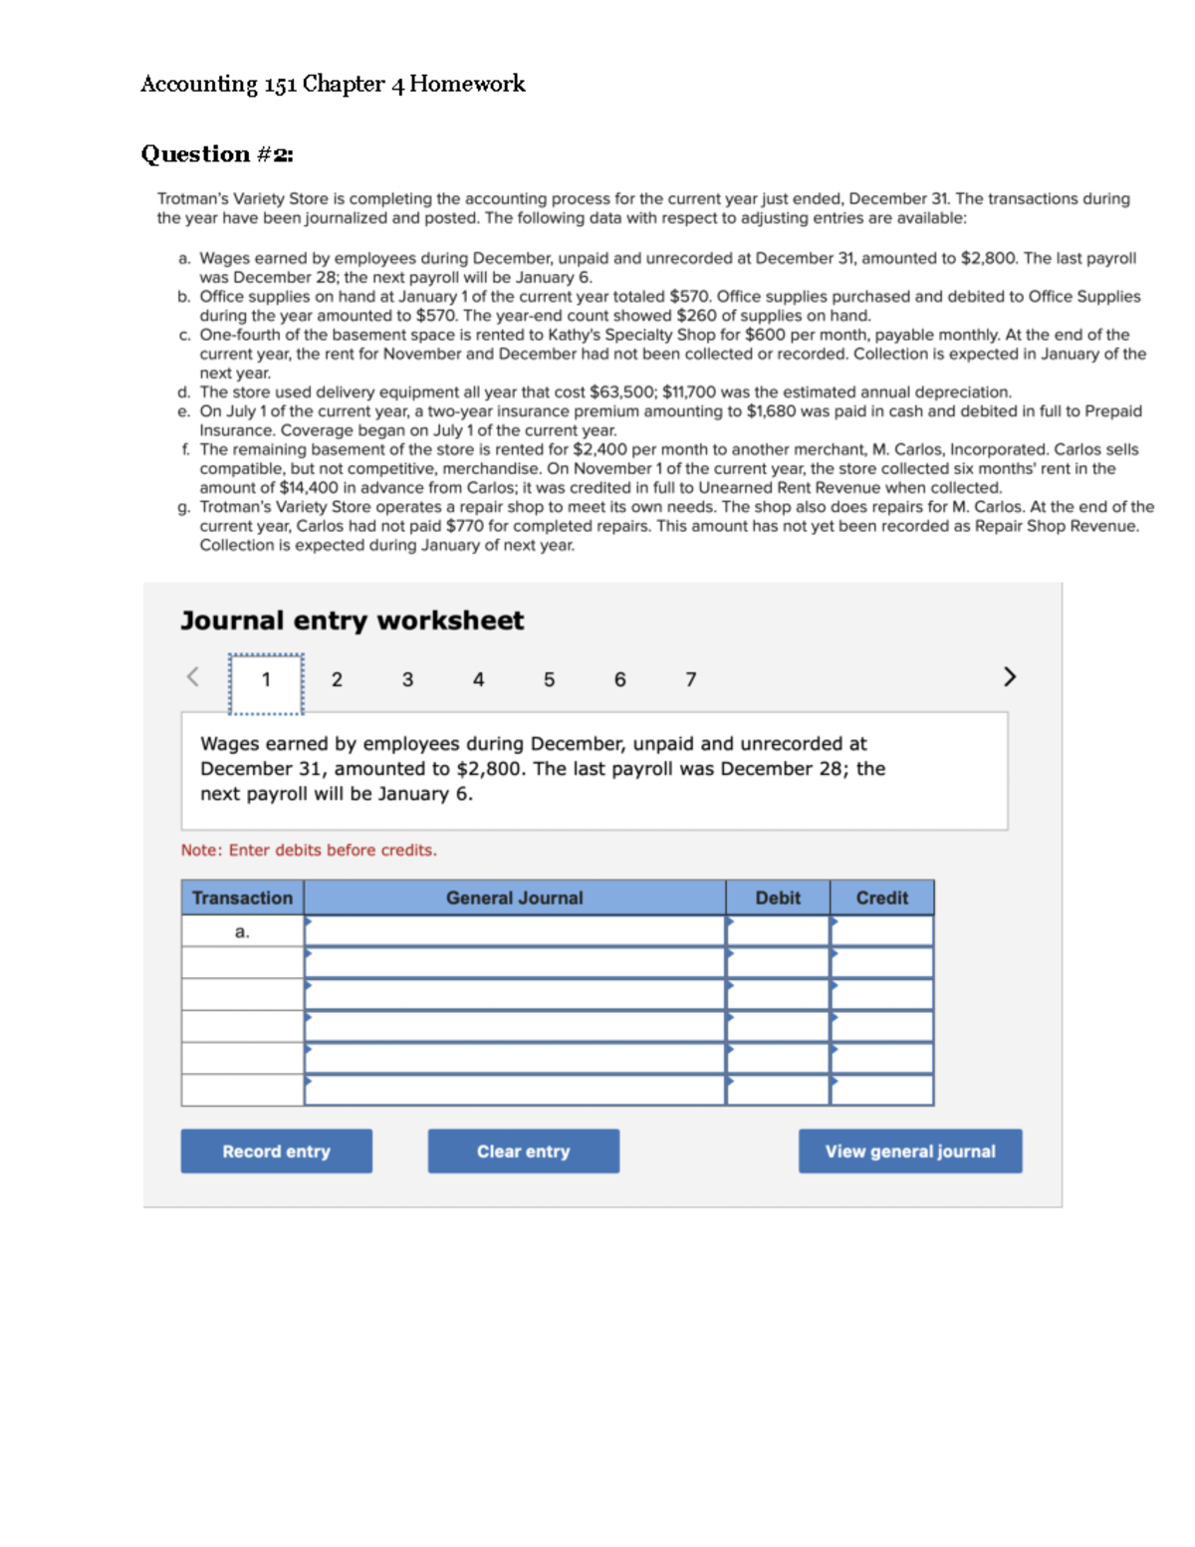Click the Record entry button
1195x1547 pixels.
pyautogui.click(x=276, y=1151)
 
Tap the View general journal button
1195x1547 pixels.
pyautogui.click(x=909, y=1151)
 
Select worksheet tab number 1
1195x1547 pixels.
pyautogui.click(x=266, y=680)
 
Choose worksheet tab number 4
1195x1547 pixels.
pyautogui.click(x=478, y=680)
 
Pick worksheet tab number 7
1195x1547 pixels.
pyautogui.click(x=690, y=680)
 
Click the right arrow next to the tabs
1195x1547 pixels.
pyautogui.click(x=1009, y=677)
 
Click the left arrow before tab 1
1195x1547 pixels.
pyautogui.click(x=193, y=677)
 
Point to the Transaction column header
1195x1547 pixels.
pyautogui.click(x=242, y=898)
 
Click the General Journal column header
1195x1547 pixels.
pyautogui.click(x=514, y=898)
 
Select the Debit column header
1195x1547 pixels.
pyautogui.click(x=777, y=898)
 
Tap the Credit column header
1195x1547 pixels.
pyautogui.click(x=881, y=898)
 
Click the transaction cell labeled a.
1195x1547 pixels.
pyautogui.click(x=242, y=932)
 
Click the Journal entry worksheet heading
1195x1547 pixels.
pyautogui.click(x=352, y=621)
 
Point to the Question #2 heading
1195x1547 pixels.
pyautogui.click(x=217, y=154)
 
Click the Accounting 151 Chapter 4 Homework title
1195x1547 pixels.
pyautogui.click(x=333, y=84)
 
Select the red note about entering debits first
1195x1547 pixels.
pyautogui.click(x=309, y=850)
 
